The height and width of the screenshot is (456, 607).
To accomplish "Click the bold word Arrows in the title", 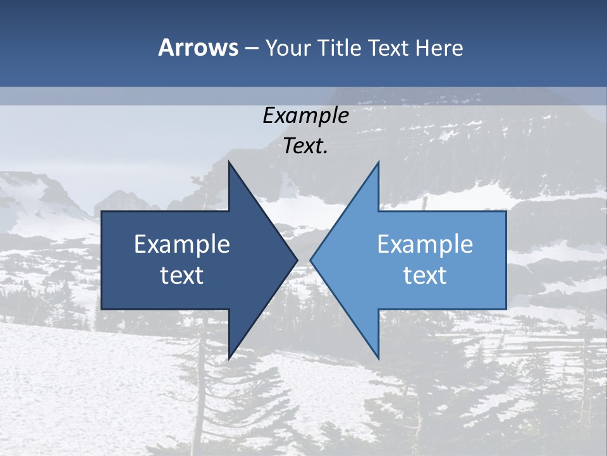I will tap(199, 47).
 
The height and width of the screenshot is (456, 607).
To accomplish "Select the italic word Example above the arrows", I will tap(305, 115).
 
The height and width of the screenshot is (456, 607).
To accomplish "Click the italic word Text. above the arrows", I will tap(305, 146).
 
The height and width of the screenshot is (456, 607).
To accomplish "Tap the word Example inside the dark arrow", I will tap(182, 244).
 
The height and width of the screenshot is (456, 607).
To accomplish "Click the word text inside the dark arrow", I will tap(182, 275).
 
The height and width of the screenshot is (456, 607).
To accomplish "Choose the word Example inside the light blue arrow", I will tap(425, 244).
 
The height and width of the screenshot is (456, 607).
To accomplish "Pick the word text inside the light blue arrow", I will tap(425, 275).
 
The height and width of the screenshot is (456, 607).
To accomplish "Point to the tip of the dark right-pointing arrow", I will tap(297, 260).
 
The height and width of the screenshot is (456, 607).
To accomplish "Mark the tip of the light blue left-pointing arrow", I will tap(310, 260).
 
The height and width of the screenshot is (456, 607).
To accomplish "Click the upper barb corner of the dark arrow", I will tap(229, 161).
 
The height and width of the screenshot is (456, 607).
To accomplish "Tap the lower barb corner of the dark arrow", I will tap(229, 358).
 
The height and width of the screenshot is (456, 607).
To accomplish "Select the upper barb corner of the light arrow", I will tap(379, 161).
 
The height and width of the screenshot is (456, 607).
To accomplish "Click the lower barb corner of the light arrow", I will tap(379, 358).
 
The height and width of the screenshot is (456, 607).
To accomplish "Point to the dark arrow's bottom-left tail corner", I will tap(102, 309).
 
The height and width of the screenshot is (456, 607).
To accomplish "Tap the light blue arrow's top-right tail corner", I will tap(506, 212).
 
